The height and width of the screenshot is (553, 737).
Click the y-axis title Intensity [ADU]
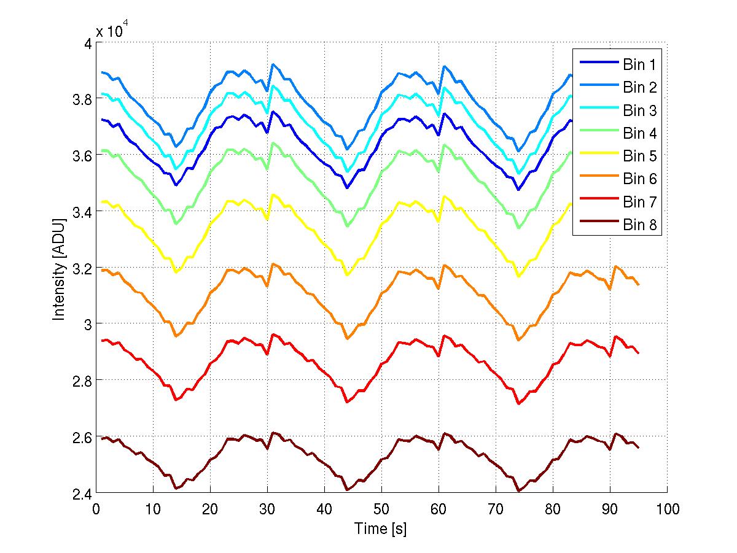[59, 268]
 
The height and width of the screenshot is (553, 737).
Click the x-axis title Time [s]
[381, 528]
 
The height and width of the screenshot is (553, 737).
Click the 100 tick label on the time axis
[667, 509]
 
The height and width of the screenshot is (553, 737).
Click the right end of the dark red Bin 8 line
[639, 447]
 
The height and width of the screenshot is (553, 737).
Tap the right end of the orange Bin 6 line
[639, 285]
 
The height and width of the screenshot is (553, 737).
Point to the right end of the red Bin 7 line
[639, 353]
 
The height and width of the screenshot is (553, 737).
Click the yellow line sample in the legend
[596, 157]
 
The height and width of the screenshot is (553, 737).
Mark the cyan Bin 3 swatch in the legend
[596, 110]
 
